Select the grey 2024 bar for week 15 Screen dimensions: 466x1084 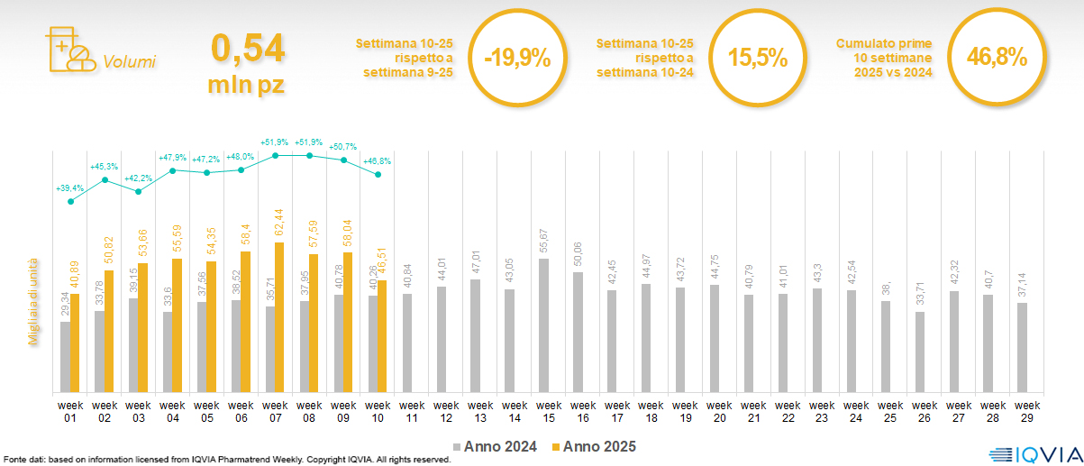543,325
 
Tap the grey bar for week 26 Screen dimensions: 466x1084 919,352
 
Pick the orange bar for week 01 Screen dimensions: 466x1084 75,343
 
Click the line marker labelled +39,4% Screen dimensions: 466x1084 70,201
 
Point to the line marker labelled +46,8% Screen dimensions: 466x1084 378,174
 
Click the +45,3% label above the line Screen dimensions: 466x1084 105,167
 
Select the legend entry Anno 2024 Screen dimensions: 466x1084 496,446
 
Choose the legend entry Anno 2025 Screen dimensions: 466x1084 595,446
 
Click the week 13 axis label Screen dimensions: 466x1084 475,411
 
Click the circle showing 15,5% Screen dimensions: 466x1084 758,59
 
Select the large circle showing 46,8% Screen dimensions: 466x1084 997,59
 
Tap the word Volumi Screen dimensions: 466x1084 129,62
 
